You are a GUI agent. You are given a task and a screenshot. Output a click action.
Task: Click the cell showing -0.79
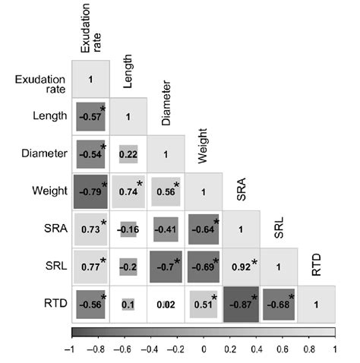coord(90,192)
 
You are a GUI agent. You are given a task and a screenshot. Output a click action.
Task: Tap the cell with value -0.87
coord(242,305)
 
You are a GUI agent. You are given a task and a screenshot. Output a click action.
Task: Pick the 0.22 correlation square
coord(128,155)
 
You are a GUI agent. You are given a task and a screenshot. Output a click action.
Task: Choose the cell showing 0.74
coord(128,192)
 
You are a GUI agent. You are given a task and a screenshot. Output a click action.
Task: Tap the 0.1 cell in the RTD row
coord(128,305)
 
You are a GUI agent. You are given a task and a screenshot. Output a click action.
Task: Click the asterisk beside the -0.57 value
coord(103,109)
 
